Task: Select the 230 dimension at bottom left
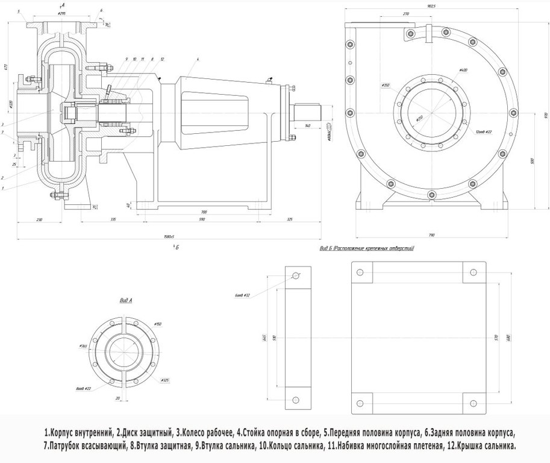tap(39, 219)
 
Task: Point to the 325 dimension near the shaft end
tap(290, 219)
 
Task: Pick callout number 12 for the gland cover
tap(162, 58)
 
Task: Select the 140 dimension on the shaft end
tap(308, 125)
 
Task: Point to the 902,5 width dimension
tap(431, 6)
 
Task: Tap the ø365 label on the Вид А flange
tap(84, 347)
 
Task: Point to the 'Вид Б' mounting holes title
tap(367, 248)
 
